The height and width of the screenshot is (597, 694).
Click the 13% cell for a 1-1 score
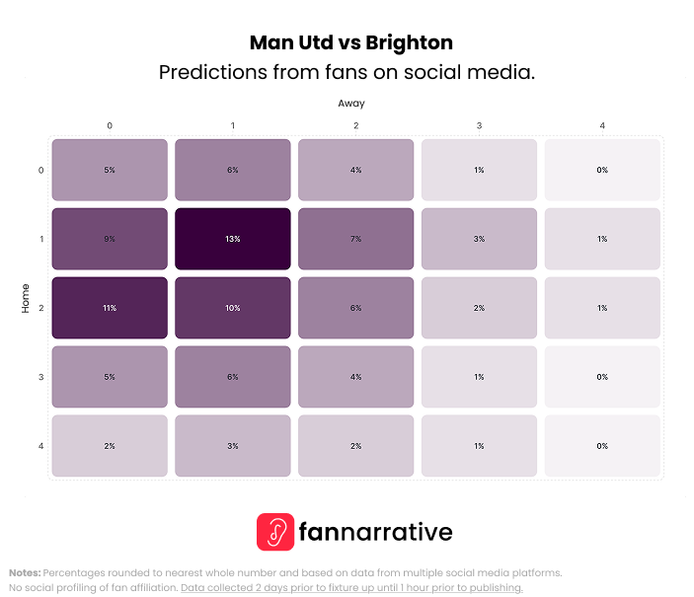(x=233, y=239)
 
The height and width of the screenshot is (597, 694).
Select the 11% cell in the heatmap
(x=110, y=308)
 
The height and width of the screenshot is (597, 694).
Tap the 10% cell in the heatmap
(x=233, y=308)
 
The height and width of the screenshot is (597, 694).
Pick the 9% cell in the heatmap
(x=110, y=239)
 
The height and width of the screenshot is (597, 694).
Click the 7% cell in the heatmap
(x=355, y=239)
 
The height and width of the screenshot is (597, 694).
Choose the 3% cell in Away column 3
(x=479, y=239)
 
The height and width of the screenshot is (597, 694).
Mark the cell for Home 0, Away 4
(x=602, y=170)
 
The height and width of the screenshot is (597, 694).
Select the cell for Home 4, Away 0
(x=110, y=446)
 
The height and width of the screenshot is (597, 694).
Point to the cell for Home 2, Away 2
(x=355, y=308)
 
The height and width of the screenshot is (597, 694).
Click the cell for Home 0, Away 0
(x=110, y=170)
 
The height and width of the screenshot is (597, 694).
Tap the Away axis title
(x=351, y=103)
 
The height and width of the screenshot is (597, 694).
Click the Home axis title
(x=26, y=299)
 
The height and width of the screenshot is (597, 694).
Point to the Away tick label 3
(x=479, y=125)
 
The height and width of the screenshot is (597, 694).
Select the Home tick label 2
(x=40, y=308)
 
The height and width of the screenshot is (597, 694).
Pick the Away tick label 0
(x=110, y=125)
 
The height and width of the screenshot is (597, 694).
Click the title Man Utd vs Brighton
(x=350, y=42)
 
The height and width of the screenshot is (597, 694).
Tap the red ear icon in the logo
(x=275, y=532)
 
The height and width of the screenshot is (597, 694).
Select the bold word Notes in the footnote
(x=25, y=572)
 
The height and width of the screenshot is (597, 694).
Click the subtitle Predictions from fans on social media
(x=347, y=73)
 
